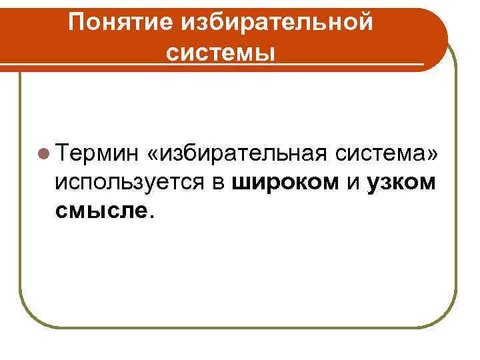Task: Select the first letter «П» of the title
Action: click(76, 23)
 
